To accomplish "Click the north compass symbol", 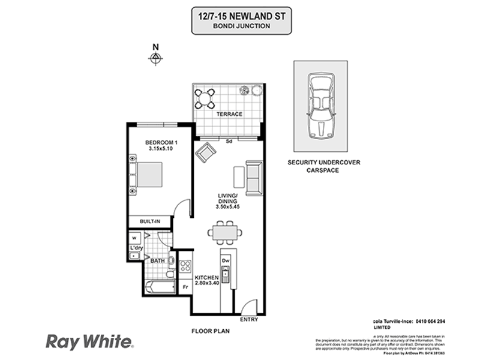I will click(156, 58).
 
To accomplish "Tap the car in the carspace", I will click(320, 106).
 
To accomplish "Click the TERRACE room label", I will click(229, 114).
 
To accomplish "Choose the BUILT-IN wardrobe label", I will click(149, 221).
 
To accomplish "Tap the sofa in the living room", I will click(254, 178).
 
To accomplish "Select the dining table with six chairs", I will click(225, 232).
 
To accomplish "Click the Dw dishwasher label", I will click(226, 261).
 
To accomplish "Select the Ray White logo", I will click(90, 342).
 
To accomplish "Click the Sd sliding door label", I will click(229, 142).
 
